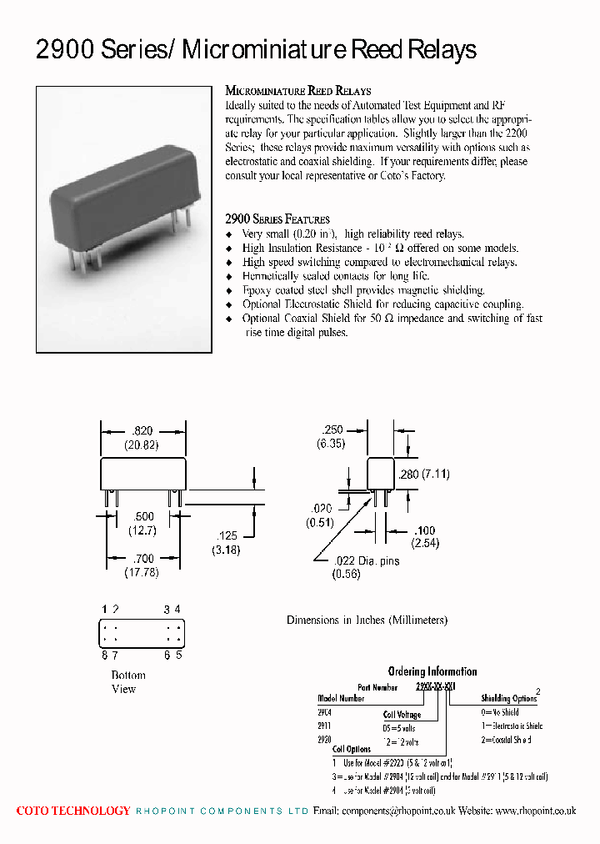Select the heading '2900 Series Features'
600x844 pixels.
click(277, 219)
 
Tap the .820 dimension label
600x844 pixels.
click(142, 431)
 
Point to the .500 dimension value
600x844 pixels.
click(142, 517)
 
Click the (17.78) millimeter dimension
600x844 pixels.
click(142, 572)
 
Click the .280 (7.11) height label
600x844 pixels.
click(424, 474)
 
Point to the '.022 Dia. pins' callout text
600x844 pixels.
click(366, 561)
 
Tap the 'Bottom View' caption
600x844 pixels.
click(127, 682)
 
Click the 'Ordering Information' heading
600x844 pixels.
click(432, 671)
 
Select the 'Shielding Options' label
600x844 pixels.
click(508, 699)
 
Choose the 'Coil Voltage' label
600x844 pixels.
click(402, 715)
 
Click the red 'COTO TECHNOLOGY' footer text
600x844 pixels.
click(73, 811)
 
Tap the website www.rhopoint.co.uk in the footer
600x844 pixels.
click(535, 811)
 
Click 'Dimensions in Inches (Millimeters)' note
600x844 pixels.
click(367, 620)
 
